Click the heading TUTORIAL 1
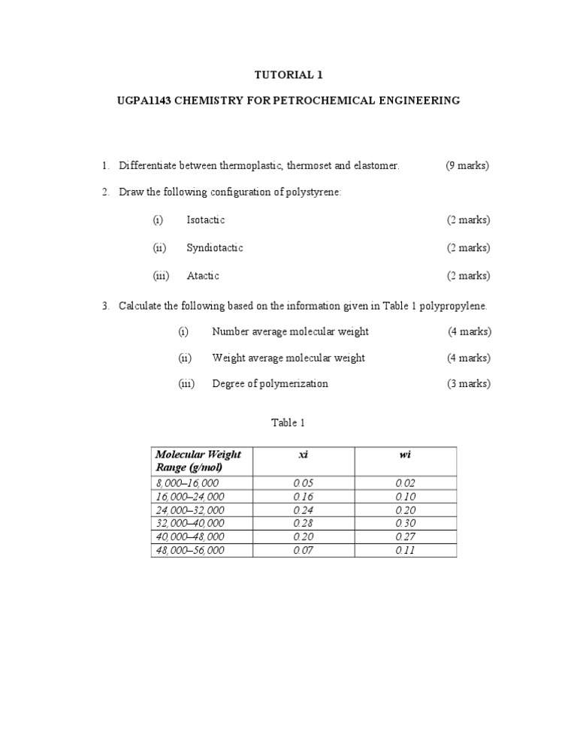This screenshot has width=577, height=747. click(x=288, y=75)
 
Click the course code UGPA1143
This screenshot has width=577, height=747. click(x=145, y=100)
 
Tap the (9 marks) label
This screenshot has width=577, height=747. click(x=467, y=165)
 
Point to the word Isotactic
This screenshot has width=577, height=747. click(x=205, y=220)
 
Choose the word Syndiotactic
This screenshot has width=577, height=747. click(x=214, y=248)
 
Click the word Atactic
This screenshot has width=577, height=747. click(x=203, y=276)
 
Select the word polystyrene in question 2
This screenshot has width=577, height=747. click(x=312, y=192)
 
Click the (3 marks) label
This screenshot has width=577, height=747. click(x=469, y=384)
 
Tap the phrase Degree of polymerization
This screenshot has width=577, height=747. click(x=270, y=384)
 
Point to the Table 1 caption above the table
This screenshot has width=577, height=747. click(x=288, y=423)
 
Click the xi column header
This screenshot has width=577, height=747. click(x=304, y=455)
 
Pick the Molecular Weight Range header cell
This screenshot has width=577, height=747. click(x=198, y=461)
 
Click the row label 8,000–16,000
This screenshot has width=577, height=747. click(x=189, y=483)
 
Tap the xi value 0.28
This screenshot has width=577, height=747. click(x=304, y=524)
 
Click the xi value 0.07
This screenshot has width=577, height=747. click(x=304, y=551)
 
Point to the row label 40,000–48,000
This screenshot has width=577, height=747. click(x=190, y=537)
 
